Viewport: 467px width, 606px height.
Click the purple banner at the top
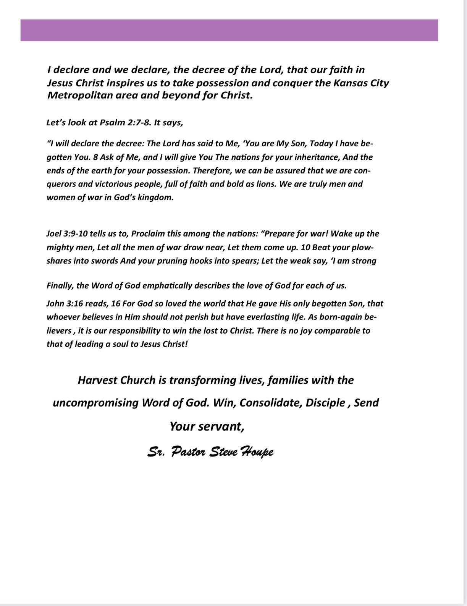coord(229,30)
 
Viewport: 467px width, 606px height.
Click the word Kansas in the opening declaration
coord(349,83)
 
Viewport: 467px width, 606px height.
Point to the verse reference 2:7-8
coord(139,123)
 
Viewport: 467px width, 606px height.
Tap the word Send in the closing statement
coord(366,403)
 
